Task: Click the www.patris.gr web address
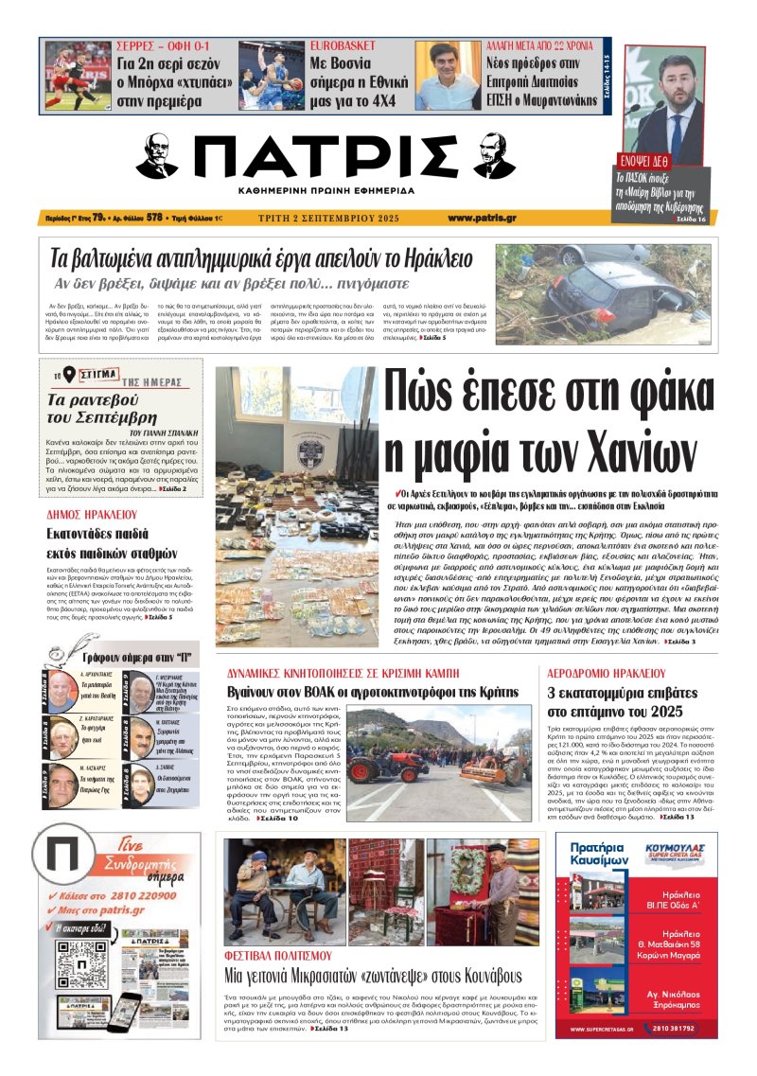[x=482, y=218]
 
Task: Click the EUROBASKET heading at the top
[x=346, y=45]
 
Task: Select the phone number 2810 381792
[x=671, y=1029]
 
